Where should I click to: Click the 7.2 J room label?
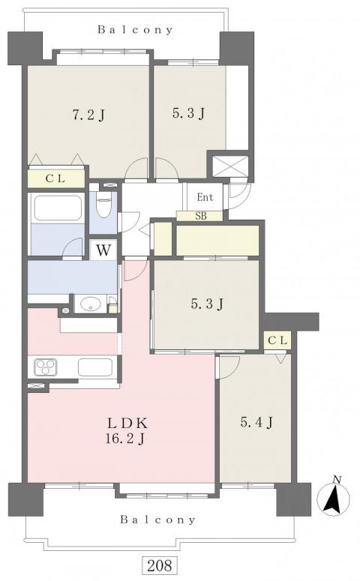pos(88,115)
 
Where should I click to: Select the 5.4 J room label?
pos(257,421)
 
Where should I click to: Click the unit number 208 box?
pos(160,565)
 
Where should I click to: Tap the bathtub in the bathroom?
pos(58,208)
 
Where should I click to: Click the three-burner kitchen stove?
pos(46,367)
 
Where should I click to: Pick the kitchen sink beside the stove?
pos(95,367)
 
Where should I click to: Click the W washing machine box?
pos(103,250)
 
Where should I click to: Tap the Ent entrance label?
pos(205,197)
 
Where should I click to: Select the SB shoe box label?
pos(201,216)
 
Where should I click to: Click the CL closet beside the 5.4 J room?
pos(277,340)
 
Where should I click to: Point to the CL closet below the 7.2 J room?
pos(55,178)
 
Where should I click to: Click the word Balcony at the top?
pos(135,30)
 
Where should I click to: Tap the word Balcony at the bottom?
pos(157,520)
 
